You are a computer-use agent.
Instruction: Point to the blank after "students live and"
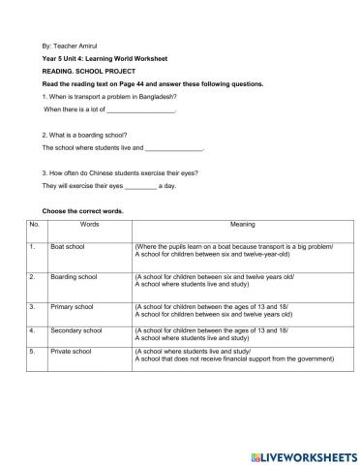pos(174,148)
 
